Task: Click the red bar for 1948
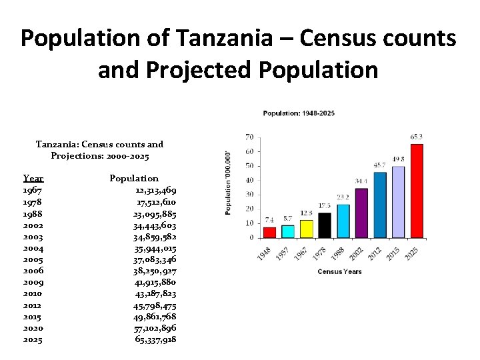tap(269, 233)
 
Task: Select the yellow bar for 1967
tap(306, 229)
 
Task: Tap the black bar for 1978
tap(325, 225)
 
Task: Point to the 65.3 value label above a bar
tap(417, 137)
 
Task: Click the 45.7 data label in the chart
tap(380, 165)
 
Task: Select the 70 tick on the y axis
tap(249, 137)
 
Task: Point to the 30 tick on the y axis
tap(249, 195)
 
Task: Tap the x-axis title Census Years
tap(339, 272)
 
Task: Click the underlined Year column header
tap(33, 178)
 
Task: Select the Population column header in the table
tap(134, 178)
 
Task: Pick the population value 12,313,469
tap(155, 190)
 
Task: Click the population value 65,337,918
tap(155, 339)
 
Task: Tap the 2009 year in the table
tap(33, 281)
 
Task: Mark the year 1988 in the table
tap(33, 213)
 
